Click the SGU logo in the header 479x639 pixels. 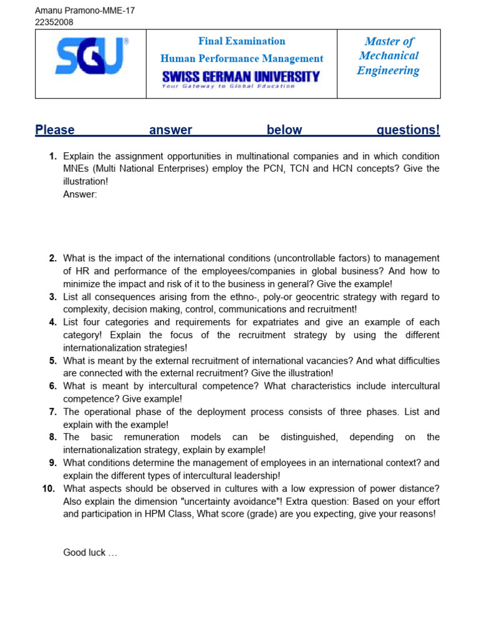click(x=91, y=56)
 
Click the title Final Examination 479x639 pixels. click(x=241, y=41)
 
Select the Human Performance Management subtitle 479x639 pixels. click(x=241, y=59)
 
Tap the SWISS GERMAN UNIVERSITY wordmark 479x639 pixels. click(x=241, y=76)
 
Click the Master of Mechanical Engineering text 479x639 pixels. click(x=389, y=56)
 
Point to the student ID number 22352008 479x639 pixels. click(x=54, y=22)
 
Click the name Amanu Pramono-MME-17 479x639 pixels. click(x=84, y=11)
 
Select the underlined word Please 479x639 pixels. click(x=55, y=130)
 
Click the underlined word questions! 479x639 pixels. click(x=408, y=130)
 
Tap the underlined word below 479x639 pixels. click(x=284, y=130)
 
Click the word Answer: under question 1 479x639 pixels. click(x=80, y=194)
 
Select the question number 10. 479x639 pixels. click(x=49, y=489)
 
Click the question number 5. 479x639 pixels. click(x=53, y=361)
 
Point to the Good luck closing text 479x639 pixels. click(x=90, y=552)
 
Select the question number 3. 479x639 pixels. click(x=53, y=296)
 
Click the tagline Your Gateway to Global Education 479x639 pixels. click(x=228, y=86)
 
